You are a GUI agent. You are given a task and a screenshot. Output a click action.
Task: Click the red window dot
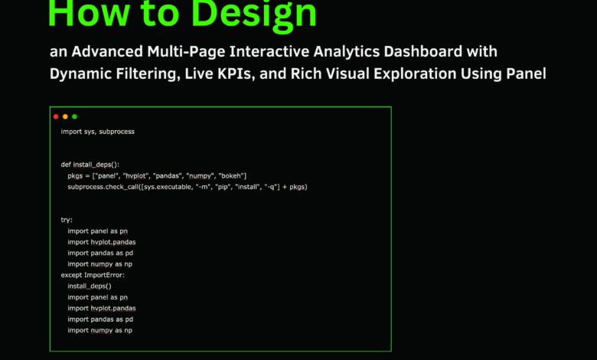[x=56, y=116]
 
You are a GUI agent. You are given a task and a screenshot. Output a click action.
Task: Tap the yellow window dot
[x=65, y=116]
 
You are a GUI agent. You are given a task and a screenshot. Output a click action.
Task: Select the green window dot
[x=74, y=116]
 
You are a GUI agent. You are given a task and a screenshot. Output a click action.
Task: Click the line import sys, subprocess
[x=97, y=132]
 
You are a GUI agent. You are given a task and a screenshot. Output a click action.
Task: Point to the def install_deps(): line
[x=95, y=165]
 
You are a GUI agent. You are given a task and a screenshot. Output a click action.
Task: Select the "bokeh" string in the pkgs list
[x=229, y=176]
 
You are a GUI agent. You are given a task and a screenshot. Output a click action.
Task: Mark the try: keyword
[x=67, y=220]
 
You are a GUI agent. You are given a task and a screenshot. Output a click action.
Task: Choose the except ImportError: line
[x=92, y=275]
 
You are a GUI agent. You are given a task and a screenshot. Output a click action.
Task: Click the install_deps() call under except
[x=89, y=286]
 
